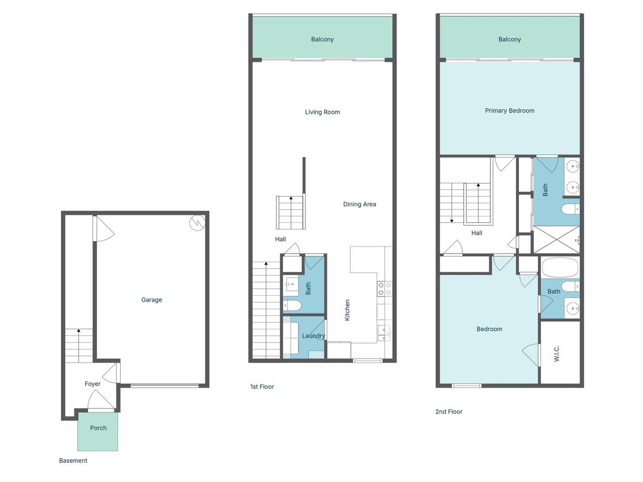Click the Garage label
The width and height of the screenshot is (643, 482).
tap(151, 300)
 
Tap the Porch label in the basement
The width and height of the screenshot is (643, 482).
tap(98, 428)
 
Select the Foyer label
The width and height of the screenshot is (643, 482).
tap(92, 384)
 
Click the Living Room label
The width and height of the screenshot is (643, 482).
tap(322, 112)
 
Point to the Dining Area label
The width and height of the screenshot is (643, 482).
tap(360, 204)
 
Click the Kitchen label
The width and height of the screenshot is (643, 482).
tap(347, 310)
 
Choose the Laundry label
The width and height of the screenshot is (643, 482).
tap(313, 336)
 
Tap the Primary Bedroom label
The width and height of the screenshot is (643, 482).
tap(509, 110)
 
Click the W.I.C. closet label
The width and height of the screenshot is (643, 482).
tap(556, 353)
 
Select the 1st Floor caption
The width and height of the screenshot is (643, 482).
tap(262, 387)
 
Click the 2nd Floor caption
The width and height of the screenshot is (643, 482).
tap(449, 412)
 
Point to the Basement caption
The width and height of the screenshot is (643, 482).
tap(73, 460)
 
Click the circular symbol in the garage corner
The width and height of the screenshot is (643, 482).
tap(197, 223)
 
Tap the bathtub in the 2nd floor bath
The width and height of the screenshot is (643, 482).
tap(560, 267)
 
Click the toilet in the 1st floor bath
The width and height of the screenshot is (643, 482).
tap(292, 306)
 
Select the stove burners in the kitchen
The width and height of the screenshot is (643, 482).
tap(384, 289)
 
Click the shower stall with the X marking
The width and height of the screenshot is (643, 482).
tap(557, 239)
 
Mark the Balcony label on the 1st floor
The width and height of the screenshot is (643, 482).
tap(322, 39)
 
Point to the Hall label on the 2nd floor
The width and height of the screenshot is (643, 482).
tap(477, 233)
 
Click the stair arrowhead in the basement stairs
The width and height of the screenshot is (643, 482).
tap(78, 330)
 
